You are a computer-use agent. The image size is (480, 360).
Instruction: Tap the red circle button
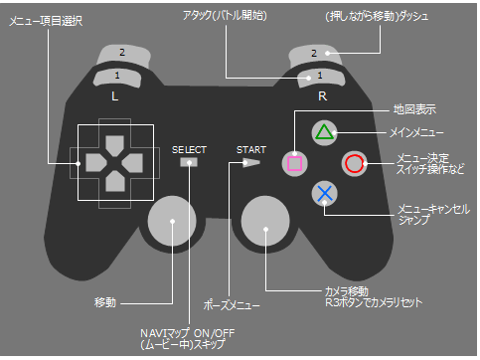(x=355, y=163)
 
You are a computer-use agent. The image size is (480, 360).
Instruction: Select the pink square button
(x=294, y=162)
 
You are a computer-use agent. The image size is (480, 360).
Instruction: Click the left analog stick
(x=174, y=222)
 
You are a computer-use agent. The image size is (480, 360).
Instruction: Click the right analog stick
(x=265, y=221)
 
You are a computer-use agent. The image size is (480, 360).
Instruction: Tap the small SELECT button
(x=188, y=162)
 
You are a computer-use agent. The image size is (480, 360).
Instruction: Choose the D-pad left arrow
(x=90, y=161)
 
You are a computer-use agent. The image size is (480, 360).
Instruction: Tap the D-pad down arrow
(x=112, y=183)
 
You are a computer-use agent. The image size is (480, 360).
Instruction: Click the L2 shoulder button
(x=121, y=52)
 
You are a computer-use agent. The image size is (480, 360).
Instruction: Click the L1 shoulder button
(x=118, y=77)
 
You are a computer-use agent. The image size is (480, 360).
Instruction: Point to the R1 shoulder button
(x=318, y=77)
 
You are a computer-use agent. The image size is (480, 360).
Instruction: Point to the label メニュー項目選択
(x=46, y=21)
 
